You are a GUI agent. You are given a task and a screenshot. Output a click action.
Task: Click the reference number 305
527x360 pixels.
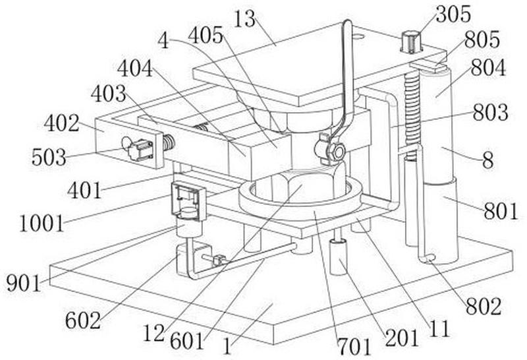pos(453,15)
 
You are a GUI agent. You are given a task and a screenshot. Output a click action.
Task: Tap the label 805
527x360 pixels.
pos(482,40)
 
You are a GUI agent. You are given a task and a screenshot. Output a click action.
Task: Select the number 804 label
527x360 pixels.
pos(488,68)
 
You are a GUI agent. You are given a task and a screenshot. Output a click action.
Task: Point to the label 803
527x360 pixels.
pos(490,112)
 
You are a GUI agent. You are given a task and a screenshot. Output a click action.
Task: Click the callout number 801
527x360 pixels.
pos(501,211)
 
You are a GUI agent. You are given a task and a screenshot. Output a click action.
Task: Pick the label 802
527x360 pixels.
pos(484,307)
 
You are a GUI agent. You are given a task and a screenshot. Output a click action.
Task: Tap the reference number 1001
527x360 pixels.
pos(42,224)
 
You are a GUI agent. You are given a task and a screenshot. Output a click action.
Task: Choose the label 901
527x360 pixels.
pos(24,284)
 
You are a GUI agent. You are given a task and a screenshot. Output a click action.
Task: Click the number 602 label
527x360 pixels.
pos(83,320)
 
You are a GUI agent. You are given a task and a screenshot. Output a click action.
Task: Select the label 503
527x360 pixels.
pos(49,157)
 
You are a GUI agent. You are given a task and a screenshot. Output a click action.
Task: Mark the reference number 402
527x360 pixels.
pos(61,123)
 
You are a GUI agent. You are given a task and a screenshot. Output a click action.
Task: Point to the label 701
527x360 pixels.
pos(354,347)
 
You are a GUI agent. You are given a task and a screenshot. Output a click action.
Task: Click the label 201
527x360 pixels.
pos(402,338)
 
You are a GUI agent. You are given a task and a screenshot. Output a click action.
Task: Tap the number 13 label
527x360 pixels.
pos(244,19)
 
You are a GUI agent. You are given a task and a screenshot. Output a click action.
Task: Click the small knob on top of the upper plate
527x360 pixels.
pos(411,42)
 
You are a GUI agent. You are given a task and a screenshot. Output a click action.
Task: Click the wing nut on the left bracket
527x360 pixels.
pos(138,148)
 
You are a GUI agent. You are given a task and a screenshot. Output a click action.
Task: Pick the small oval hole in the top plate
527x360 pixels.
pos(358,36)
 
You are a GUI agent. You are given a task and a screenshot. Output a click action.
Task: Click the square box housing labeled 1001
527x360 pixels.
pos(189,202)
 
